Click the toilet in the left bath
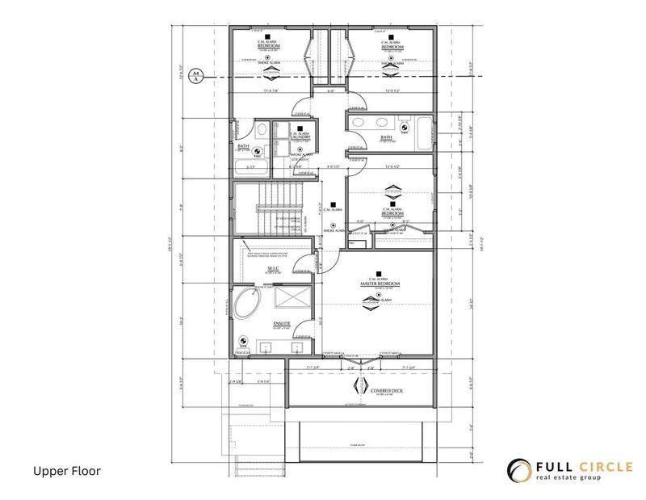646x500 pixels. point(262,132)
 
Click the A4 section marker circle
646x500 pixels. point(195,78)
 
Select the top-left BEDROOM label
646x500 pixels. point(268,47)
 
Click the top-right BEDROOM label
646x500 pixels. point(391,47)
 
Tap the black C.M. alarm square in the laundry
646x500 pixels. point(300,128)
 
